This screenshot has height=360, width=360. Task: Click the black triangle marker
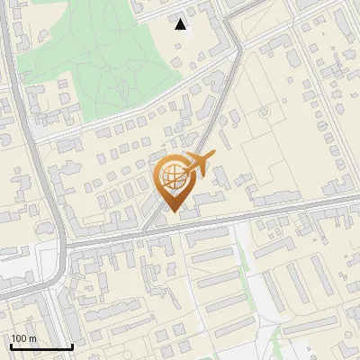click(181, 24)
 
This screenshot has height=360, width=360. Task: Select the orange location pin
click(173, 180)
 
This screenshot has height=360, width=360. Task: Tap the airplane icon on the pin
click(199, 163)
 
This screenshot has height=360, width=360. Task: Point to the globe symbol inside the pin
click(171, 175)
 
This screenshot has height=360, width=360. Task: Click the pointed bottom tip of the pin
click(173, 211)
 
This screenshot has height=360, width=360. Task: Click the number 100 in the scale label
click(19, 338)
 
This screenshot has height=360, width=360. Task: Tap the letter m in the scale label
click(32, 338)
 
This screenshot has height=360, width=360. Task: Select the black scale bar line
click(41, 346)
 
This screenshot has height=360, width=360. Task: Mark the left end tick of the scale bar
click(11, 346)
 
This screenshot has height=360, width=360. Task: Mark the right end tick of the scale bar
click(72, 346)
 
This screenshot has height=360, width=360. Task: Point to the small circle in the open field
click(265, 113)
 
